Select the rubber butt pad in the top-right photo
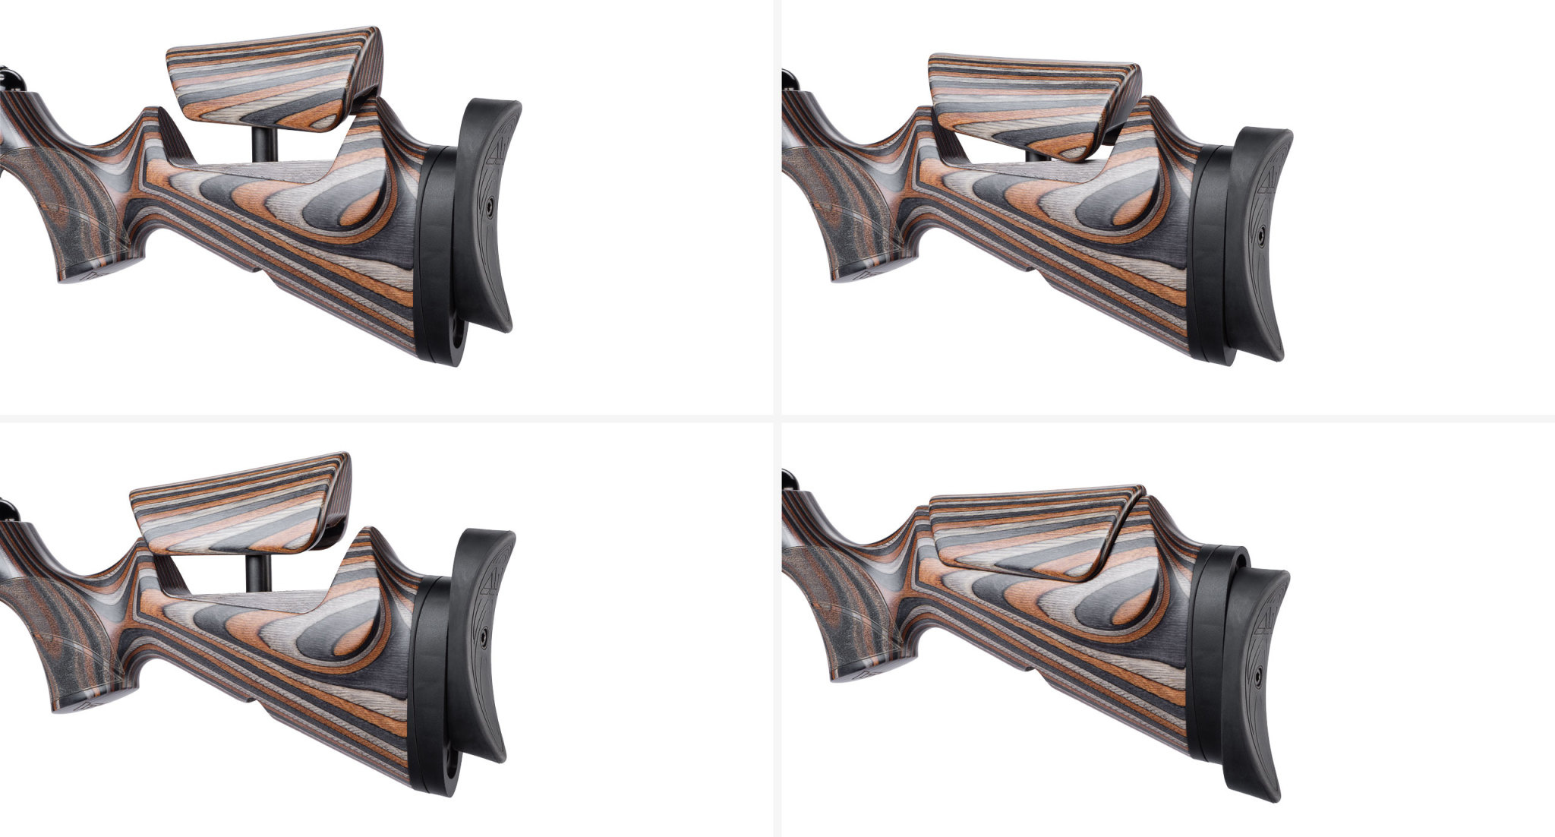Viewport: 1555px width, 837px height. pyautogui.click(x=1257, y=243)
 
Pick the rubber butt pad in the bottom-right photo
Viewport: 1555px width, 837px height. pyautogui.click(x=1257, y=684)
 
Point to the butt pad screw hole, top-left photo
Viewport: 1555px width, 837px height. pyautogui.click(x=490, y=205)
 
